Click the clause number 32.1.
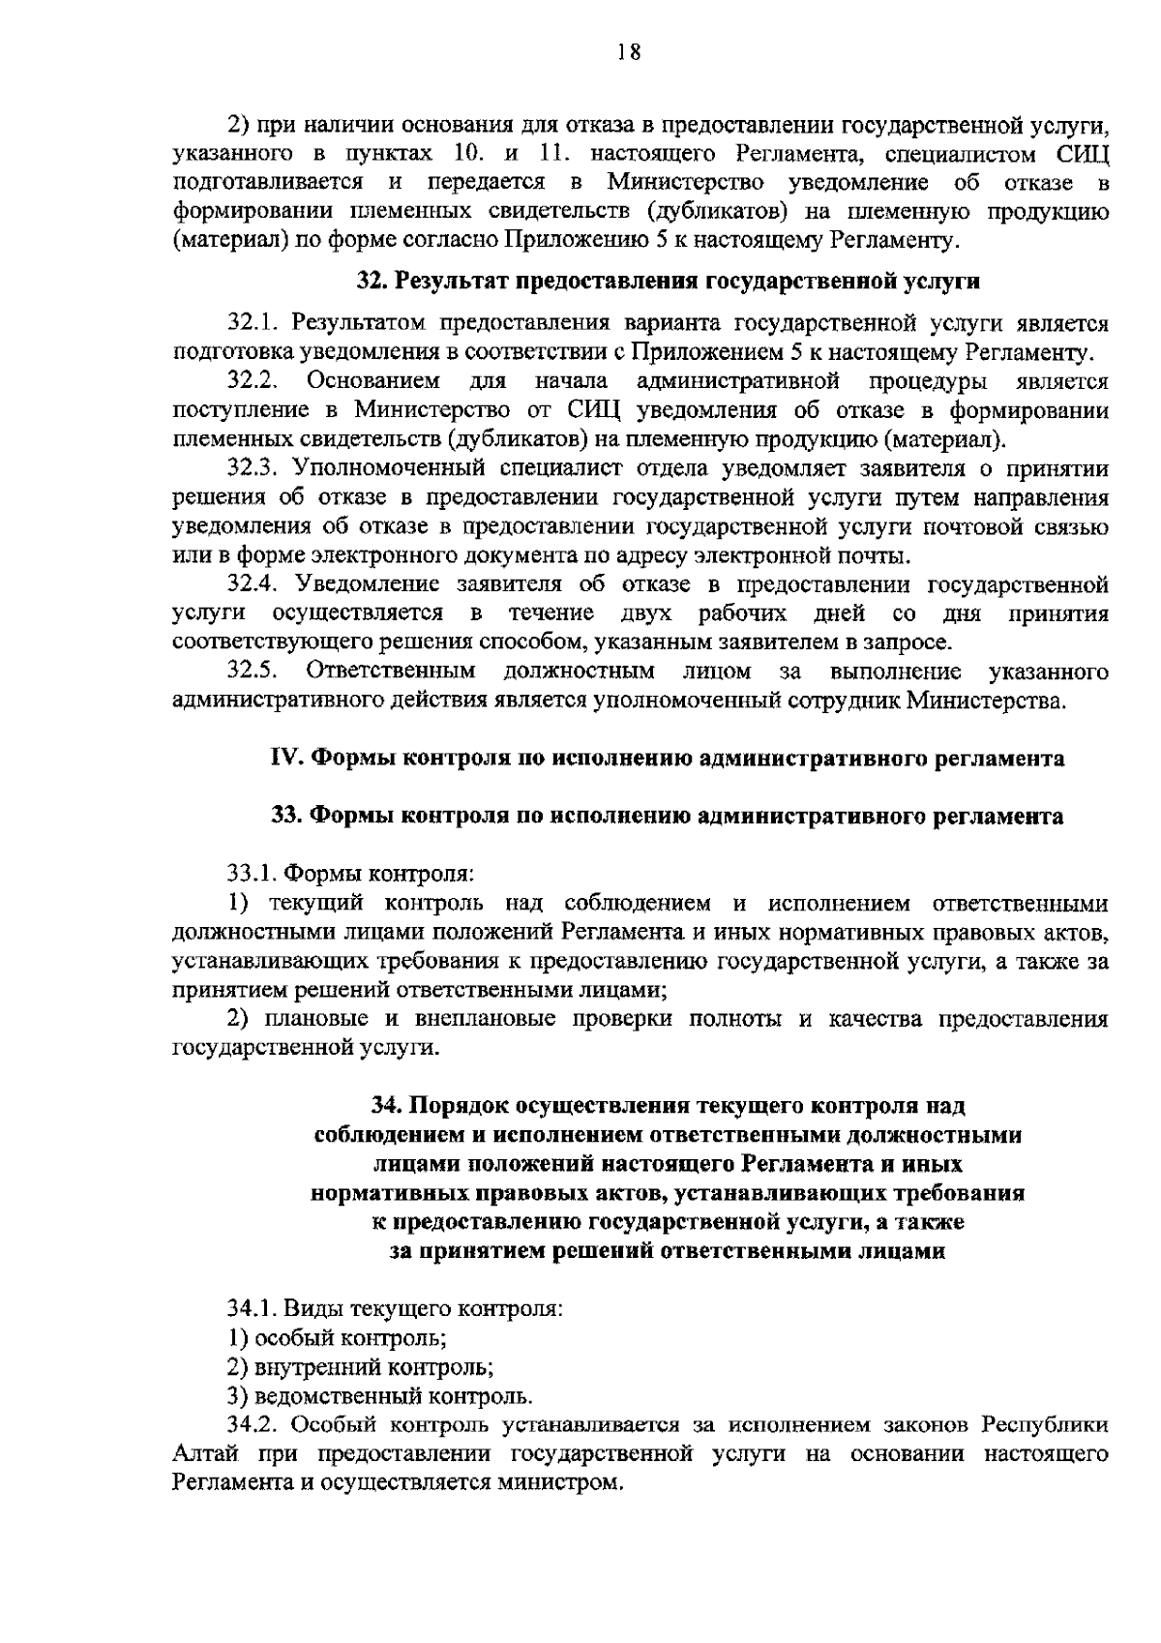[253, 322]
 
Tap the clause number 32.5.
[253, 672]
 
